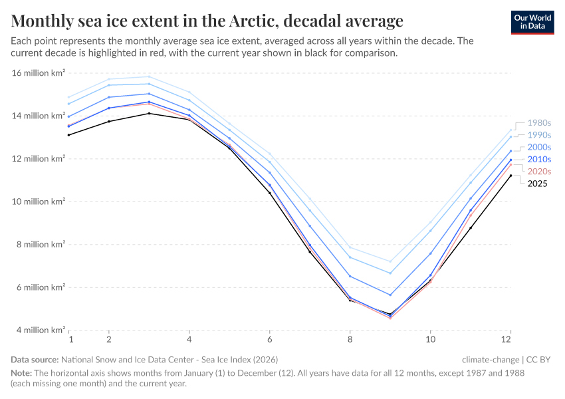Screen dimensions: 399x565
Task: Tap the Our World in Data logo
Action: click(532, 21)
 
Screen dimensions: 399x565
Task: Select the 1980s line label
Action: click(538, 123)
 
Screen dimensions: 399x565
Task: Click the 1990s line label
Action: click(538, 135)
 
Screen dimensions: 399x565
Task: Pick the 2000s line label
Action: click(538, 147)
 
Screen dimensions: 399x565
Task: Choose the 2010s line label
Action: click(538, 160)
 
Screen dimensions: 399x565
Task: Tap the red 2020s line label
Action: click(538, 172)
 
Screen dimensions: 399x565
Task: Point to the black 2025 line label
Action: click(537, 184)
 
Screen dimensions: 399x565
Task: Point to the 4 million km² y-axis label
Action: click(41, 330)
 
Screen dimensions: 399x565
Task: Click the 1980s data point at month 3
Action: click(149, 76)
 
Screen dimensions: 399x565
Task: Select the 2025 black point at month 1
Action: click(68, 135)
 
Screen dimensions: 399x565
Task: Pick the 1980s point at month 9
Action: click(390, 261)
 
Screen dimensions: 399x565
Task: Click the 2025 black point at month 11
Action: click(471, 227)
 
